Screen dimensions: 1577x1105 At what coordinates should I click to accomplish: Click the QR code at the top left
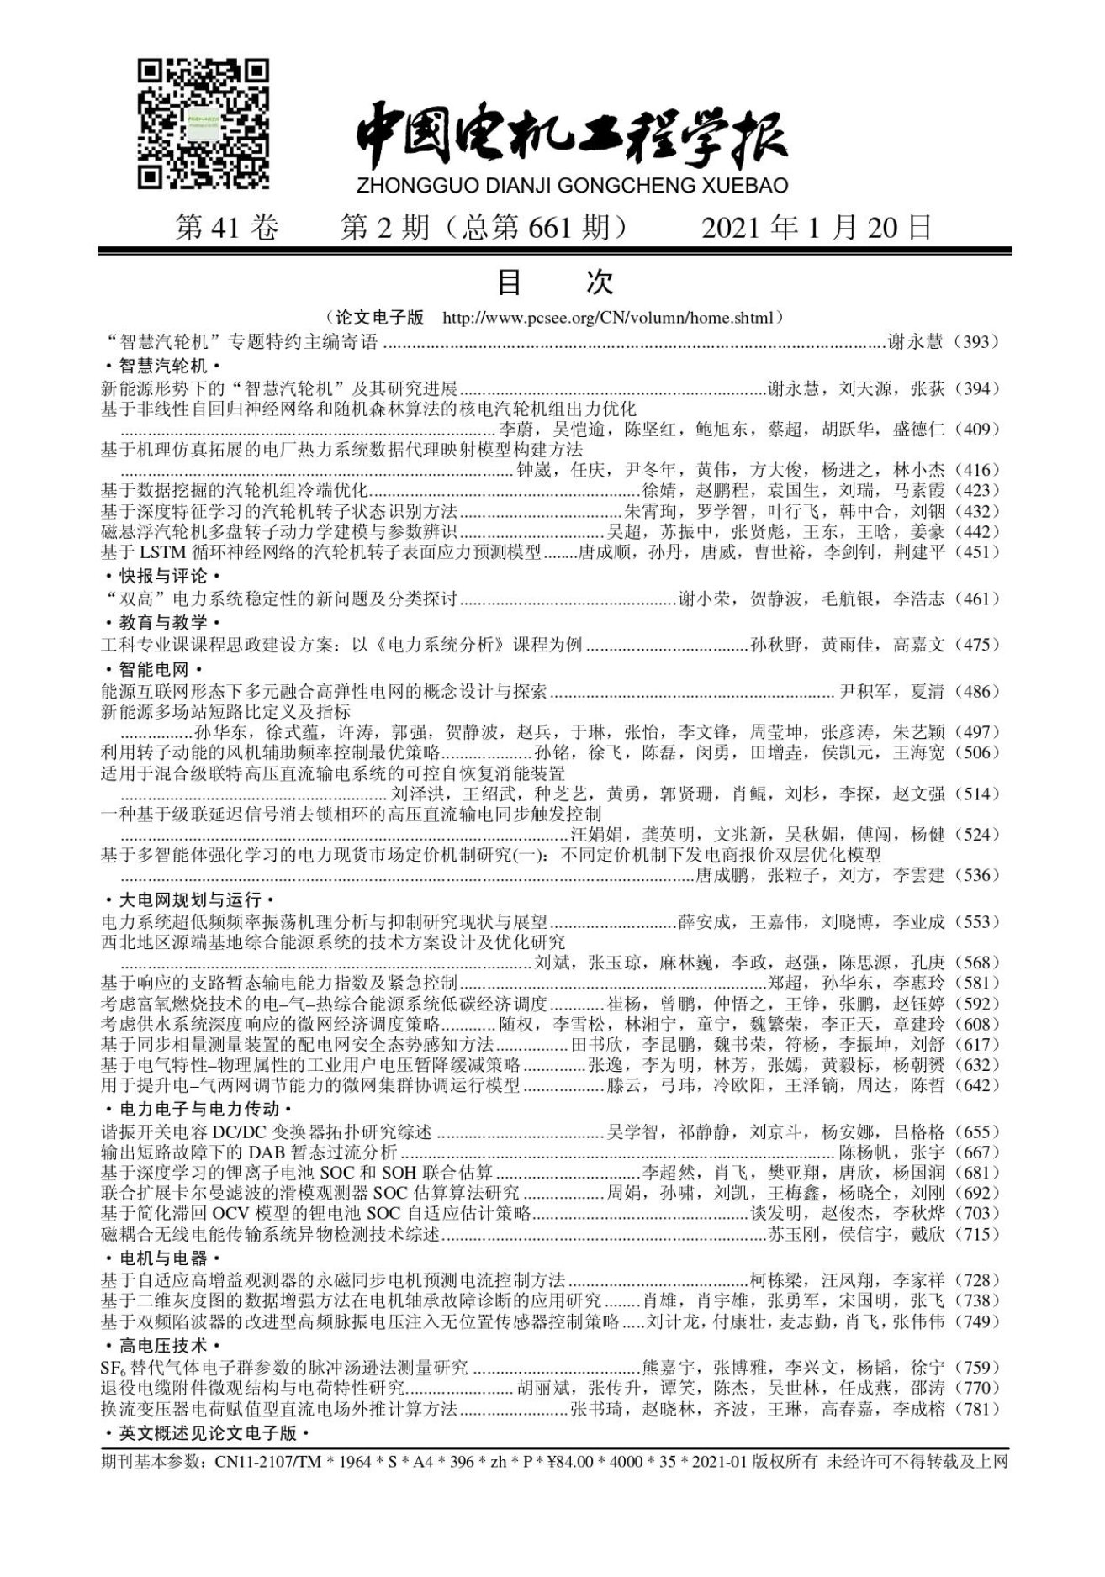(x=204, y=124)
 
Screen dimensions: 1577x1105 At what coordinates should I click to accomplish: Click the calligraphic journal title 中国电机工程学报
(x=571, y=135)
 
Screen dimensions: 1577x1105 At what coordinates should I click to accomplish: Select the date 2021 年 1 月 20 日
(x=817, y=228)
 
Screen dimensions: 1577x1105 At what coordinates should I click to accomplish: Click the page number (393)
(x=977, y=341)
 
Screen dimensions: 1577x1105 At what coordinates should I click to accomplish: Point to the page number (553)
(x=977, y=921)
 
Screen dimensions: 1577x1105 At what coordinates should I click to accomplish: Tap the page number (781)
(x=977, y=1409)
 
